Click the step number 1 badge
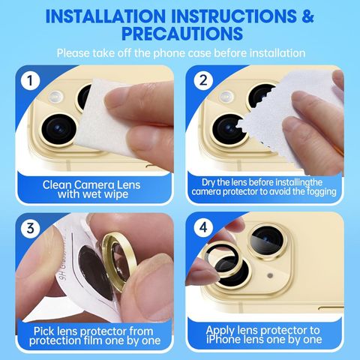click(x=30, y=80)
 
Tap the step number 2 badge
click(x=203, y=80)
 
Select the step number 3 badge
click(x=30, y=228)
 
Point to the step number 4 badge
click(x=203, y=227)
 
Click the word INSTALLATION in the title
click(x=106, y=16)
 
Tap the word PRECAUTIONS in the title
click(x=182, y=33)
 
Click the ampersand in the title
click(x=307, y=16)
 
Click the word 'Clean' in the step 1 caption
click(x=57, y=185)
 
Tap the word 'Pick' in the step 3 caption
click(x=43, y=331)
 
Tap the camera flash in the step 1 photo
click(x=55, y=97)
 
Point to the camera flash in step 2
click(x=226, y=97)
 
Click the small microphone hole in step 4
click(x=270, y=275)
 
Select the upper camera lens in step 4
click(x=267, y=241)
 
